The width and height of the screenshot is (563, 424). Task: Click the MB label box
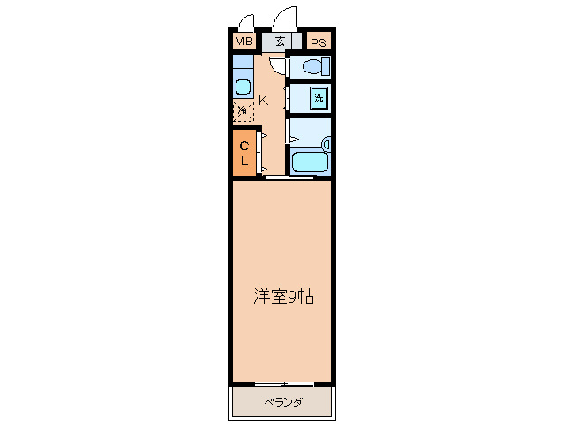pyautogui.click(x=243, y=41)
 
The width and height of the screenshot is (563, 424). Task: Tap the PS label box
pyautogui.click(x=318, y=42)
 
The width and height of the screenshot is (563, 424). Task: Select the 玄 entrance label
pyautogui.click(x=280, y=41)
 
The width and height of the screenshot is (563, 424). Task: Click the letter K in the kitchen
pyautogui.click(x=263, y=100)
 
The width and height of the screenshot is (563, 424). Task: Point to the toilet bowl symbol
pyautogui.click(x=310, y=67)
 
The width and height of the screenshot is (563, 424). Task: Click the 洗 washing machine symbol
pyautogui.click(x=319, y=97)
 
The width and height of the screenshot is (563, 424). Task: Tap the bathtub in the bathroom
pyautogui.click(x=309, y=162)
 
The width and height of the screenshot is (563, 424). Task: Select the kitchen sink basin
pyautogui.click(x=243, y=87)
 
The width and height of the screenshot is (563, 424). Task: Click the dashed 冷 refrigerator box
pyautogui.click(x=243, y=111)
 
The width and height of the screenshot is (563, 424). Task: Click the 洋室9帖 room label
pyautogui.click(x=283, y=297)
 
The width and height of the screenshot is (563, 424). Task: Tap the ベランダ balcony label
pyautogui.click(x=283, y=403)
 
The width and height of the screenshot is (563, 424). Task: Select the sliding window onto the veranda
pyautogui.click(x=283, y=383)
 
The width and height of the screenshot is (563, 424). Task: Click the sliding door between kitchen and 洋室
pyautogui.click(x=290, y=178)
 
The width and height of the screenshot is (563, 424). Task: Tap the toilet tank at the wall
pyautogui.click(x=326, y=66)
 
